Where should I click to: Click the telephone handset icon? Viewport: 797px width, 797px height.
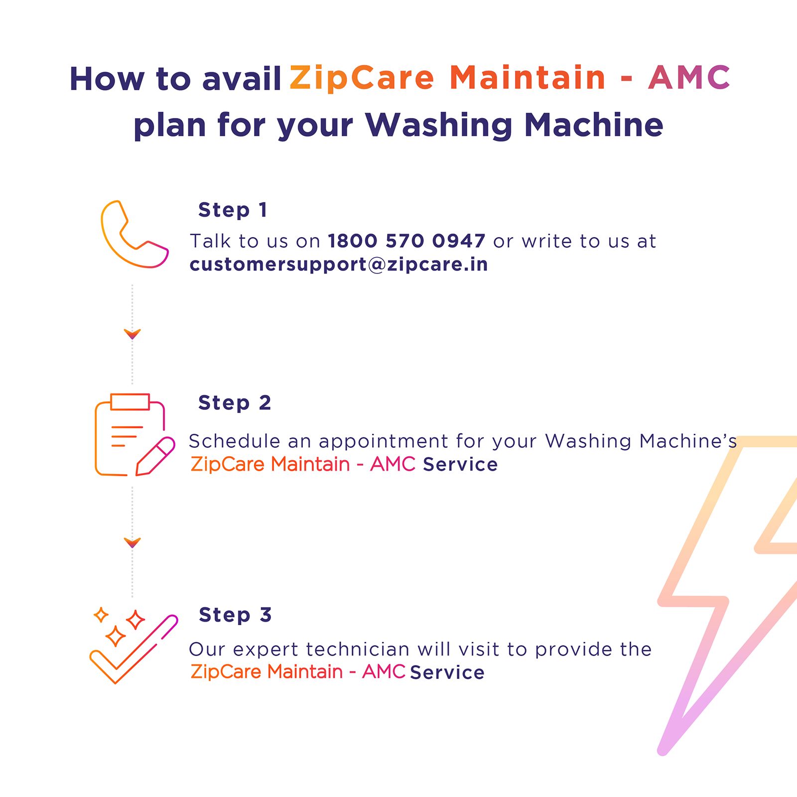pyautogui.click(x=133, y=235)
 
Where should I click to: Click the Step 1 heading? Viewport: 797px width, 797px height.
pyautogui.click(x=233, y=210)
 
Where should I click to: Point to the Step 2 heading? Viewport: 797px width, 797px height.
pyautogui.click(x=235, y=402)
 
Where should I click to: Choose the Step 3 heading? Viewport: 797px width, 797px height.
pyautogui.click(x=235, y=615)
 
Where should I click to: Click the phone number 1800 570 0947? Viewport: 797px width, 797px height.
pyautogui.click(x=406, y=241)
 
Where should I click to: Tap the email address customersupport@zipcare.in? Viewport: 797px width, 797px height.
pyautogui.click(x=339, y=264)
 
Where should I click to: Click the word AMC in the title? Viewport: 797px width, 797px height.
pyautogui.click(x=689, y=78)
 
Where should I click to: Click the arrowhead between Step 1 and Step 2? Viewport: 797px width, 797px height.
pyautogui.click(x=133, y=334)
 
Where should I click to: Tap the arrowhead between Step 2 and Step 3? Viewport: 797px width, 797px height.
pyautogui.click(x=133, y=542)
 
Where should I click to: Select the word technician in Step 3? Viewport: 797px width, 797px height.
pyautogui.click(x=357, y=649)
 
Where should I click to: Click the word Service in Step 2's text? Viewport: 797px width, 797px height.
pyautogui.click(x=460, y=464)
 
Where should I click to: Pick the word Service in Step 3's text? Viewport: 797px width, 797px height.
pyautogui.click(x=447, y=672)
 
